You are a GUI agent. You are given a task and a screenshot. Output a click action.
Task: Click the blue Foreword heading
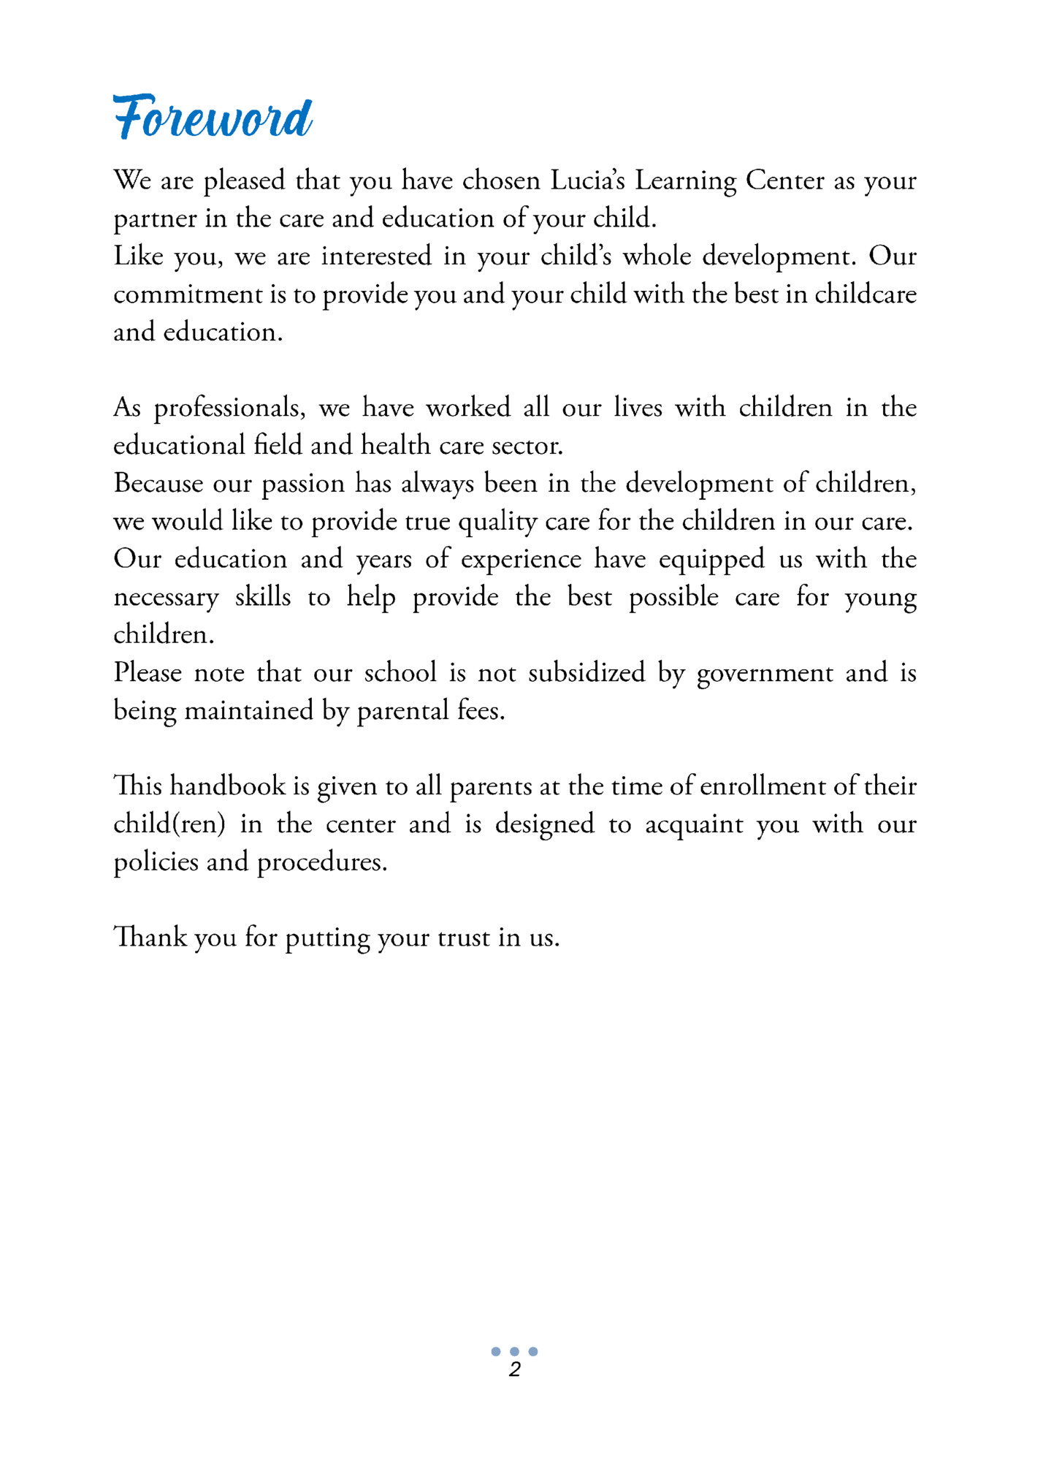213,117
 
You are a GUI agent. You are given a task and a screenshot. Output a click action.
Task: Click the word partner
155,219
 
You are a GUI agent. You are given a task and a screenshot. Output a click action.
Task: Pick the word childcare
865,294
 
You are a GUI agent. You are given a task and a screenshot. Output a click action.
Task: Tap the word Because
158,483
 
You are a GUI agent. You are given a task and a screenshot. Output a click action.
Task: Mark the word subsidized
587,672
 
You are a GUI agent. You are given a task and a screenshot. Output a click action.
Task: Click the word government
765,673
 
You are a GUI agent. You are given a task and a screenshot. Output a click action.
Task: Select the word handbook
228,786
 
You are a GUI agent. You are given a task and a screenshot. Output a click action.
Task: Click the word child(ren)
169,824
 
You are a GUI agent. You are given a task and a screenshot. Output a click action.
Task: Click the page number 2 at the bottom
515,1369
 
